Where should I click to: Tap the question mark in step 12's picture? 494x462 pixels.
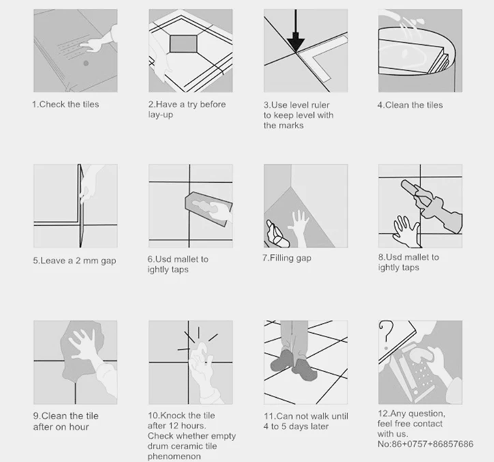coord(386,335)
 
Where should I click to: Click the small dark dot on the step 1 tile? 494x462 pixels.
coord(86,63)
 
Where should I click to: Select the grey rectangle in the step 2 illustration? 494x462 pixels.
coord(184,44)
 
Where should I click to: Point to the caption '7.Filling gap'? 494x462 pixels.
coord(287,258)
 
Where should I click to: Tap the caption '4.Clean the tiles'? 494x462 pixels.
coord(410,105)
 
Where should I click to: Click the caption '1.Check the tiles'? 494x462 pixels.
coord(66,104)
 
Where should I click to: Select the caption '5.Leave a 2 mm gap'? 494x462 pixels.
coord(74,261)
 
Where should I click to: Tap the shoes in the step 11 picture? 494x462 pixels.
coord(293,365)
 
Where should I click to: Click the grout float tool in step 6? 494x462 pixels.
coord(209,208)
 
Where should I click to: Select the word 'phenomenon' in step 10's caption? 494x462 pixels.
coord(174,457)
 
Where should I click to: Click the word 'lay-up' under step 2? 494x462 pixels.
coord(160,115)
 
